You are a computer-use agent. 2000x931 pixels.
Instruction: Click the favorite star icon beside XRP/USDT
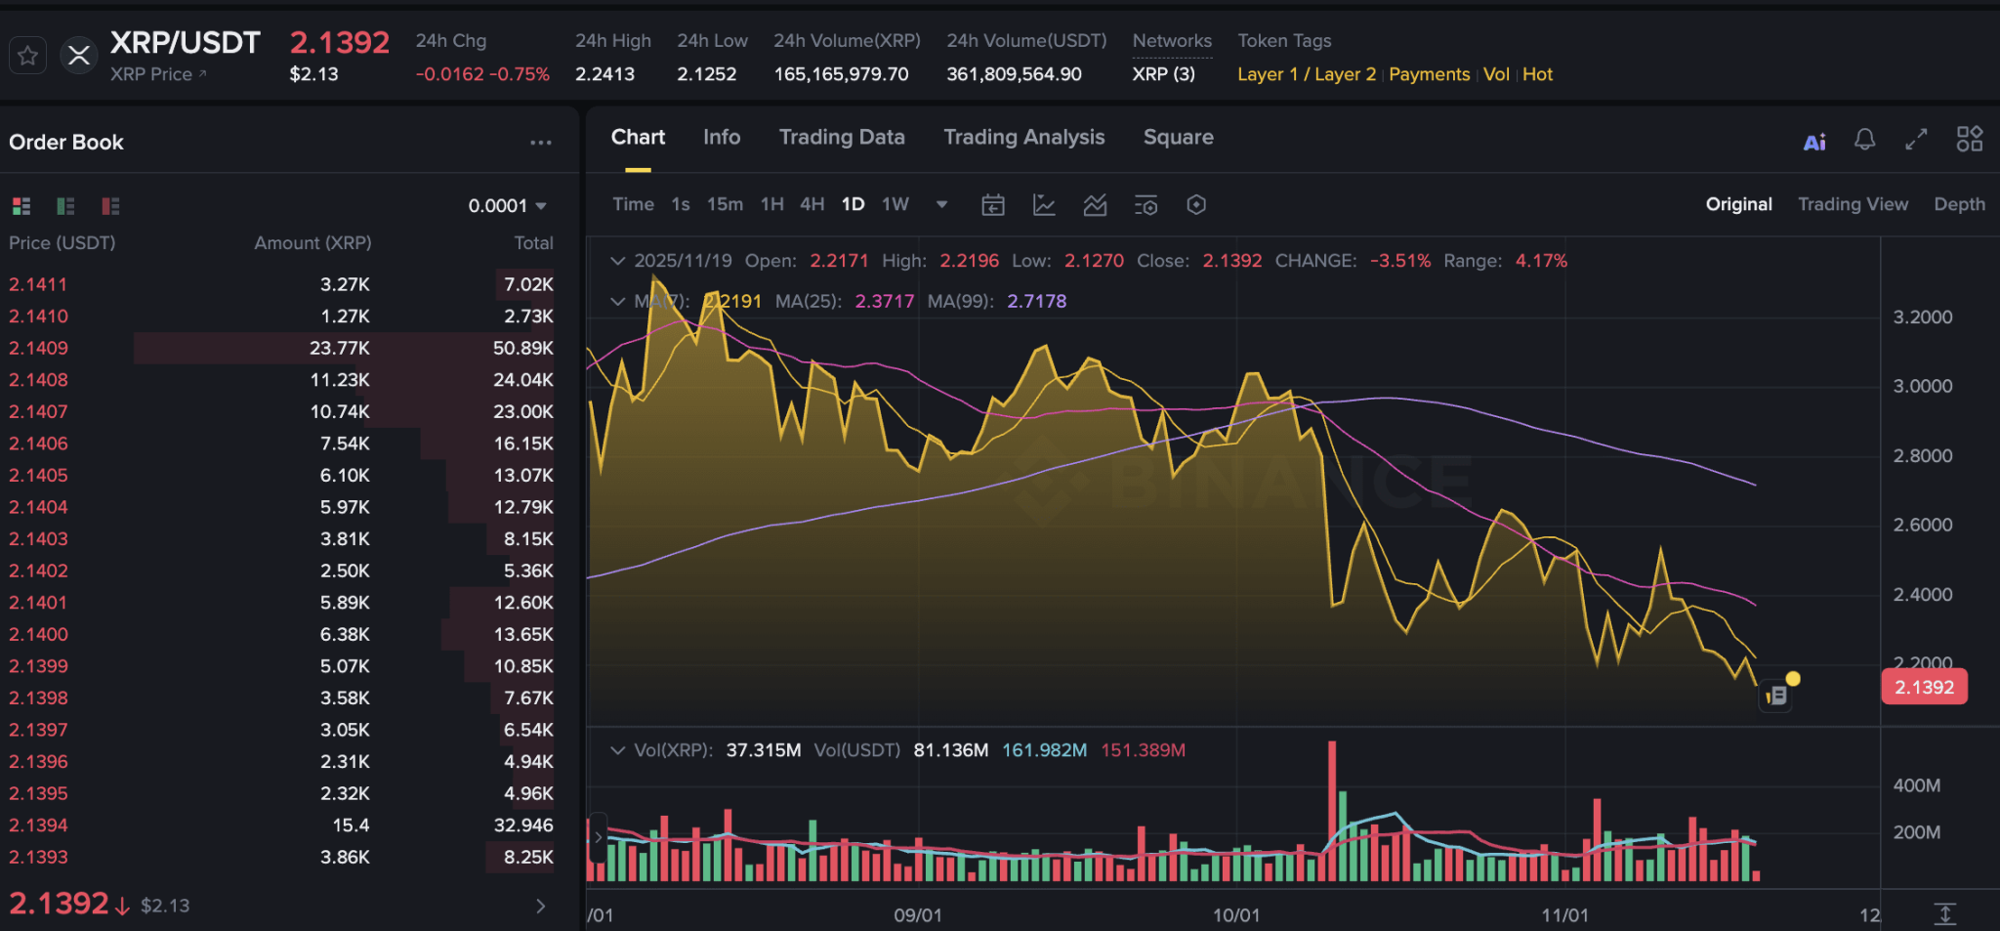tap(27, 56)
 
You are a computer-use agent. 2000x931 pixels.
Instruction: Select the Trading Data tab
tap(841, 138)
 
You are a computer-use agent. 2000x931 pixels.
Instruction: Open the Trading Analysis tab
tap(1023, 138)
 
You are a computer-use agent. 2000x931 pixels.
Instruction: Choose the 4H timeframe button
tap(812, 204)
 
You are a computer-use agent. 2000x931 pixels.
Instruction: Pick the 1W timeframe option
tap(895, 204)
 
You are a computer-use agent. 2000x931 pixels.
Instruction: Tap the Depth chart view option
tap(1959, 204)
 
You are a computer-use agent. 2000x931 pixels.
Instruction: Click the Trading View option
tap(1853, 204)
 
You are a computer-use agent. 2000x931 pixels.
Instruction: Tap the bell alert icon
tap(1864, 140)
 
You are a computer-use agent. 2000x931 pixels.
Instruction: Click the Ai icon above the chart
tap(1813, 143)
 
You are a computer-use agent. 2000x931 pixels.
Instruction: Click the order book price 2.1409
tap(39, 348)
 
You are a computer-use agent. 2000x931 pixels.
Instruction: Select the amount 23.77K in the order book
tap(340, 348)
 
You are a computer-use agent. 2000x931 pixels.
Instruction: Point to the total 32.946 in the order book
tap(523, 825)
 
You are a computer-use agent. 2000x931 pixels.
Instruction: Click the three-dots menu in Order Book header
tap(540, 143)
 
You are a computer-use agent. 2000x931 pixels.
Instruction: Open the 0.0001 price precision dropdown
tap(507, 206)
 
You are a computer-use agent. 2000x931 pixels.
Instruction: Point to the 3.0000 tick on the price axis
tap(1922, 386)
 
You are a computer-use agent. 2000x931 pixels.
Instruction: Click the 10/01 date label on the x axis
tap(1235, 915)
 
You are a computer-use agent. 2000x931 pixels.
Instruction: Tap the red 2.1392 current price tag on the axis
tap(1924, 687)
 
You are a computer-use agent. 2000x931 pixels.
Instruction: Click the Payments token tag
tap(1429, 74)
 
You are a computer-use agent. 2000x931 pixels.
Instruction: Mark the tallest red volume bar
tap(1332, 811)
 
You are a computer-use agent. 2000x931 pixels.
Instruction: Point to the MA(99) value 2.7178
tap(1036, 301)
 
